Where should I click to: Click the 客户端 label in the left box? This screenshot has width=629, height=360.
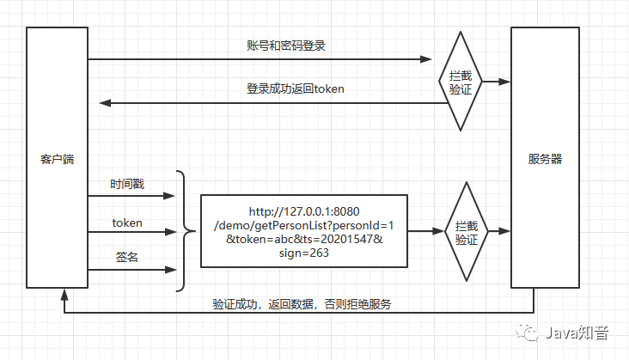pos(57,159)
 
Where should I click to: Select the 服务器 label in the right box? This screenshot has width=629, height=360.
pos(546,159)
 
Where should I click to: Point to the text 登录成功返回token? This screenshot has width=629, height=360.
pos(284,88)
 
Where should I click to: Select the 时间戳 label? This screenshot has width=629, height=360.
pos(127,185)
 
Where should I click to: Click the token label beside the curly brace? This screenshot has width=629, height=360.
pos(127,223)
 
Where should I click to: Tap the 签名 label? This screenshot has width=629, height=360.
pos(127,257)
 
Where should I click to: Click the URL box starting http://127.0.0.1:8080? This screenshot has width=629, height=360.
pos(304,231)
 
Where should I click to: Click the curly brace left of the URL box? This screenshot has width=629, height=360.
pos(182,231)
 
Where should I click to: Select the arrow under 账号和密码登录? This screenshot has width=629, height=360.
pos(258,59)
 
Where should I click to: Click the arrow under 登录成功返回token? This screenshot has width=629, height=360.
pos(275,103)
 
